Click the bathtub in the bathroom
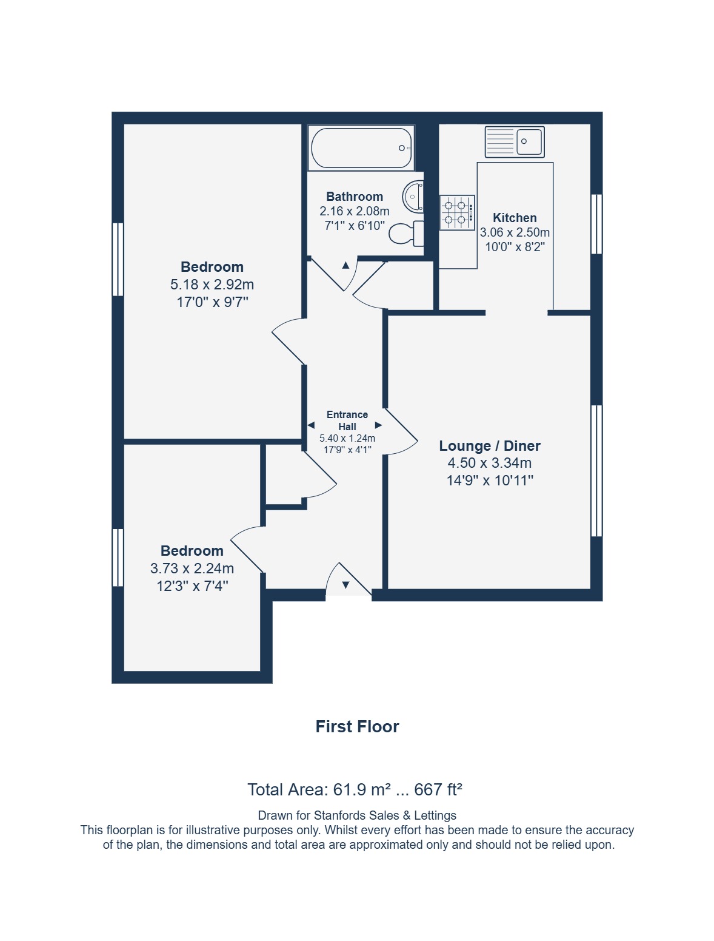[x=361, y=148]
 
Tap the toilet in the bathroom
[x=406, y=233]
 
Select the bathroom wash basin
[x=413, y=197]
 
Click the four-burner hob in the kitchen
[x=457, y=212]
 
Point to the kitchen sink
[x=515, y=141]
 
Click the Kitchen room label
[x=515, y=218]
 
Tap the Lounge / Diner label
[x=490, y=446]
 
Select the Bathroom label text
[x=355, y=197]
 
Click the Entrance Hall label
[x=347, y=420]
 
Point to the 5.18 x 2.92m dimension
[x=212, y=285]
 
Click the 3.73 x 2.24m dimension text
[x=192, y=568]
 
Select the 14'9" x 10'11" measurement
[x=490, y=481]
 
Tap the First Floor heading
[x=357, y=727]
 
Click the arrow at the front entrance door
[x=345, y=585]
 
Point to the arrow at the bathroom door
[x=345, y=265]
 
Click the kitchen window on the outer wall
[x=596, y=224]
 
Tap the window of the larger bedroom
[x=118, y=259]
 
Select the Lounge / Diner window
[x=596, y=471]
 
